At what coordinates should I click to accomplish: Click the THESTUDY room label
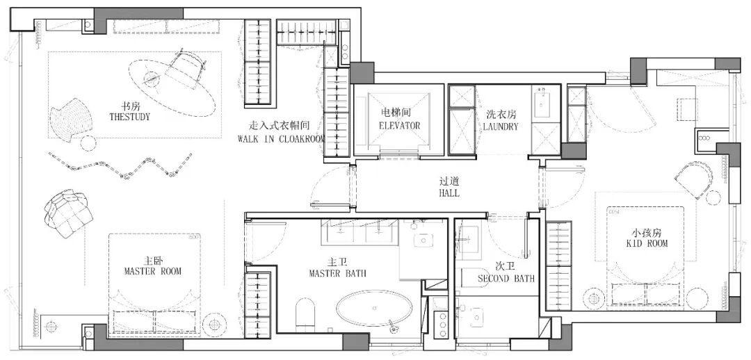tap(129, 116)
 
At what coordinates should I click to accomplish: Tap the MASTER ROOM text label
tap(153, 271)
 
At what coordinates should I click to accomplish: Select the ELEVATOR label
tap(399, 125)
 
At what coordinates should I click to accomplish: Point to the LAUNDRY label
tap(501, 126)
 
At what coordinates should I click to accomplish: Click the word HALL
tap(449, 193)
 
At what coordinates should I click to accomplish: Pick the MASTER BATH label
tap(337, 273)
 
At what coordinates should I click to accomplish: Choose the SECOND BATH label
tap(506, 279)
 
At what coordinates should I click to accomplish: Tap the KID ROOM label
tap(647, 243)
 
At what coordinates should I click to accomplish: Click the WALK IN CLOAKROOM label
tap(282, 139)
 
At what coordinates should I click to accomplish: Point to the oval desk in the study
tap(171, 87)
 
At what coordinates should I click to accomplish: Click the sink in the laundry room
tap(546, 102)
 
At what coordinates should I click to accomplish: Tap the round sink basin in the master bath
tap(423, 240)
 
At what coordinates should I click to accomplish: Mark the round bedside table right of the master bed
tap(214, 325)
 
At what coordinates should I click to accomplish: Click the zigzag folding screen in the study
tap(120, 165)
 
